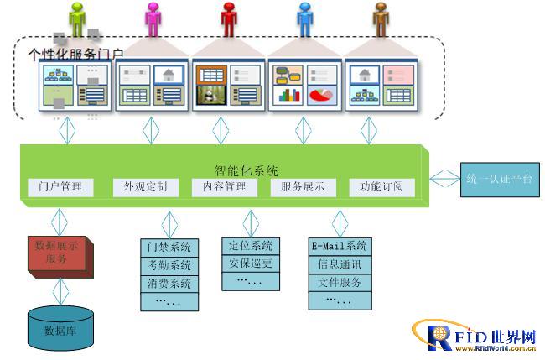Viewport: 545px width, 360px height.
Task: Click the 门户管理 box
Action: click(x=60, y=186)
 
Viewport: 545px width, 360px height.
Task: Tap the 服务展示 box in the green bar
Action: click(x=303, y=186)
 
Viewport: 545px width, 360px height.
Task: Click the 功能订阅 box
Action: click(x=381, y=186)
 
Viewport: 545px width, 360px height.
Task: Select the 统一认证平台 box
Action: click(x=499, y=178)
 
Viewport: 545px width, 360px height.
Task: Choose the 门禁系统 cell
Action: click(x=169, y=248)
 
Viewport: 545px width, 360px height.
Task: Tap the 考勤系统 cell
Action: click(x=169, y=265)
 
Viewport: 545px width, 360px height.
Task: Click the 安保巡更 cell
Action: click(x=250, y=263)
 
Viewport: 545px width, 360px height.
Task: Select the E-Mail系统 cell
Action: click(x=340, y=247)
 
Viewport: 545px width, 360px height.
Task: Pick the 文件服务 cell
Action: click(x=340, y=283)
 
